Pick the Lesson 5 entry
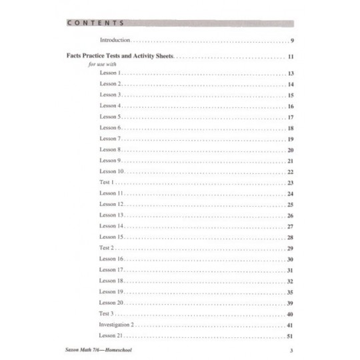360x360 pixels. click(x=109, y=117)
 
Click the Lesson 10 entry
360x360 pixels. click(x=111, y=171)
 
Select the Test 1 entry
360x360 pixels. click(x=107, y=182)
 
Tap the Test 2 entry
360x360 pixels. click(x=107, y=247)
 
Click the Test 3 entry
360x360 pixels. click(x=107, y=313)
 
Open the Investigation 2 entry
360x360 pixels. click(x=117, y=324)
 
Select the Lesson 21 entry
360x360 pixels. click(x=111, y=335)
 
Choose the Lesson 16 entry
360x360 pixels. click(x=111, y=259)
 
